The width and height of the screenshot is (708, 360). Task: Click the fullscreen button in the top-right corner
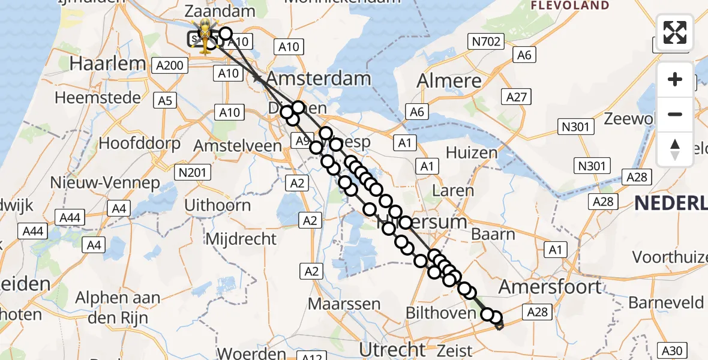(x=675, y=32)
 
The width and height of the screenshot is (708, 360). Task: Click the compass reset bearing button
(x=675, y=149)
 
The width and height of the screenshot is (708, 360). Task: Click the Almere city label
(x=449, y=81)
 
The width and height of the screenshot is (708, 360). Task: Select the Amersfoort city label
(x=550, y=287)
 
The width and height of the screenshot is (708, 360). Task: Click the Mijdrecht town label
(x=241, y=239)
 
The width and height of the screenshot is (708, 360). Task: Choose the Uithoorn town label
(x=217, y=205)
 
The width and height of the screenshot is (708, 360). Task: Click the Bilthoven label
(x=440, y=313)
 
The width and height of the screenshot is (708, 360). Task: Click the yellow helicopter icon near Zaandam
(x=205, y=35)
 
